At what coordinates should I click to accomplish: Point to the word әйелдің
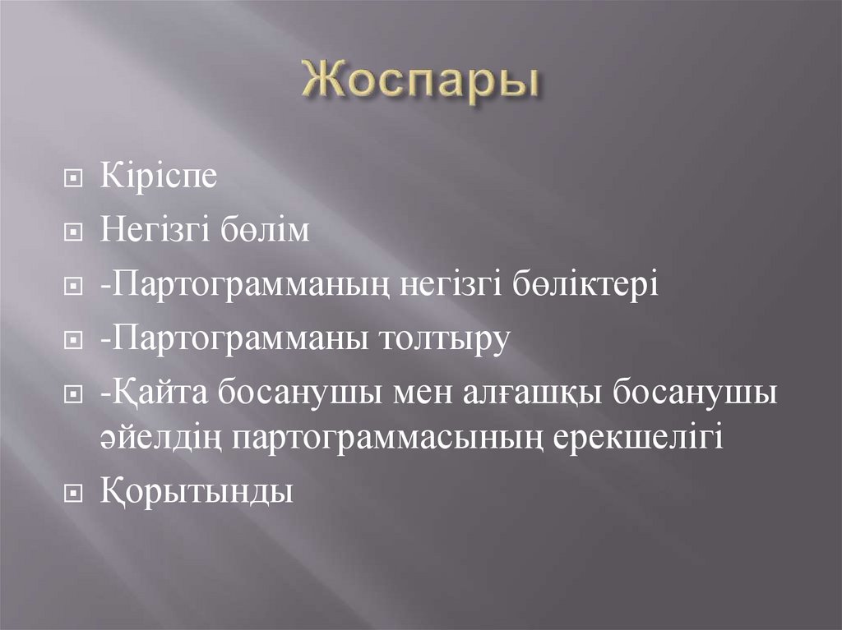tap(159, 436)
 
